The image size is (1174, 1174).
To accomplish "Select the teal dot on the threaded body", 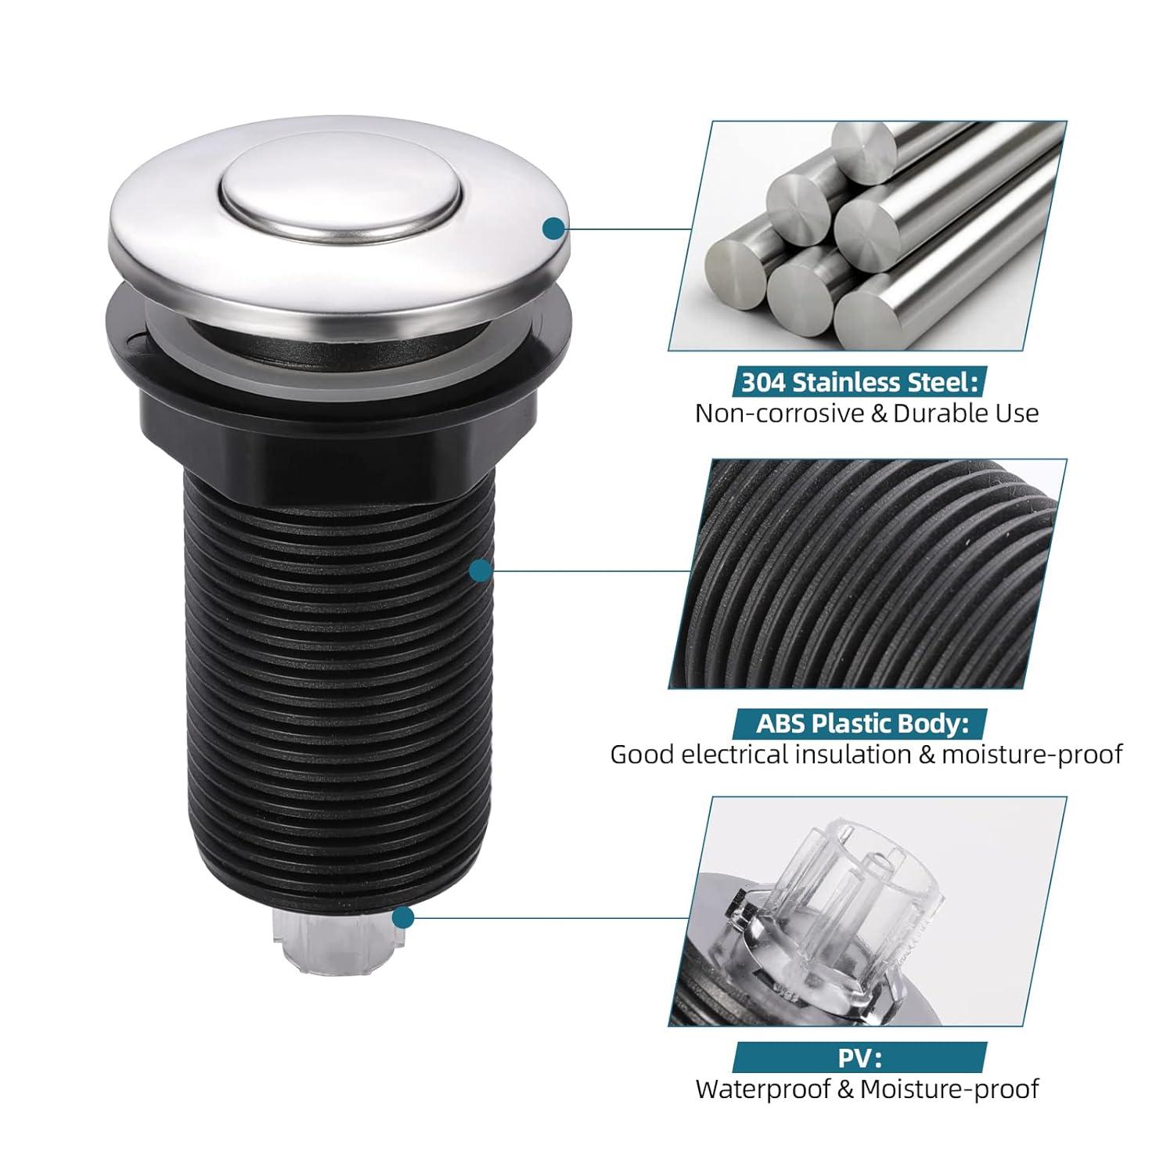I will pyautogui.click(x=481, y=571).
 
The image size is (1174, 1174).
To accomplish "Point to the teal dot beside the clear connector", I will pyautogui.click(x=402, y=917).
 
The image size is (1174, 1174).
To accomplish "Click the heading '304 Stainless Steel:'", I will pyautogui.click(x=859, y=383).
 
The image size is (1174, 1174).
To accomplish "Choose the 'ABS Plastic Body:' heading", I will pyautogui.click(x=859, y=723).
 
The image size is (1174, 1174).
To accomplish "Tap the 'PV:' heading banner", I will pyautogui.click(x=859, y=1059).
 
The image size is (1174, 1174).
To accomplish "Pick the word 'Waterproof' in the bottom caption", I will pyautogui.click(x=764, y=1089).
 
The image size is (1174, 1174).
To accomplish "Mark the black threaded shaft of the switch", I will pyautogui.click(x=338, y=673).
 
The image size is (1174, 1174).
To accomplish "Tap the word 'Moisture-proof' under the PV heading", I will pyautogui.click(x=949, y=1089).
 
